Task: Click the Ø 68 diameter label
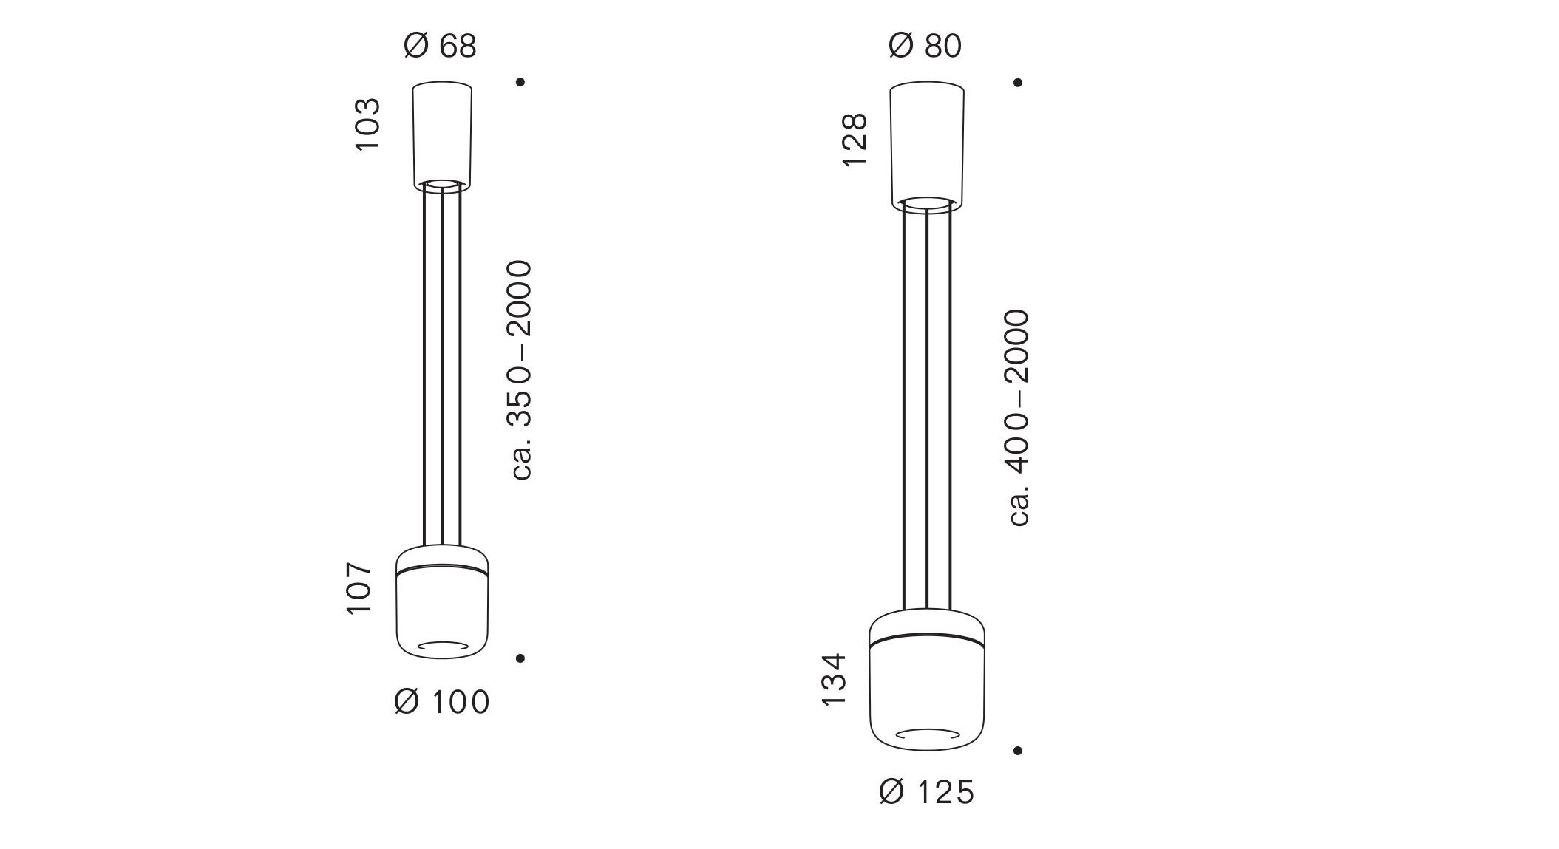point(441,46)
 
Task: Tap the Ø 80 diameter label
point(925,46)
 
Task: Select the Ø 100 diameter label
point(442,701)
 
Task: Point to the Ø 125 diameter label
point(927,793)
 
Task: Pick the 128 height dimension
point(854,141)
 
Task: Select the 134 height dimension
point(834,679)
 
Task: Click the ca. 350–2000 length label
point(522,369)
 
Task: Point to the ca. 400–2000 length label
point(1019,417)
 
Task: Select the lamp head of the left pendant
point(442,602)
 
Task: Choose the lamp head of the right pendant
point(927,680)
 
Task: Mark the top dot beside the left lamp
point(520,82)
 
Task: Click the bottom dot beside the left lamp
point(520,658)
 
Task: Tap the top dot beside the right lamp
point(1018,82)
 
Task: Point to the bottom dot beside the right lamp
point(1018,750)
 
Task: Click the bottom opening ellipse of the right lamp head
point(927,734)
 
